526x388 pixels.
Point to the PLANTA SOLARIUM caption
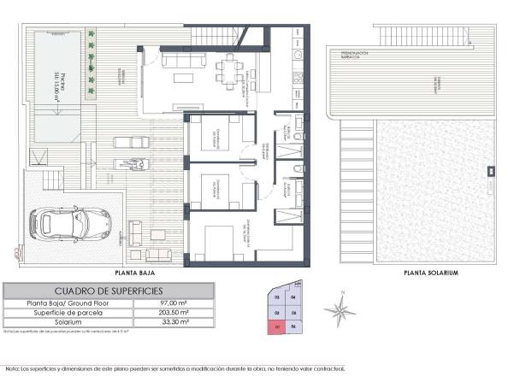(x=431, y=273)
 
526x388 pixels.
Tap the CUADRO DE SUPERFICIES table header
(x=109, y=291)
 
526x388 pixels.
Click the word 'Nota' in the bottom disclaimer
(x=11, y=369)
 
